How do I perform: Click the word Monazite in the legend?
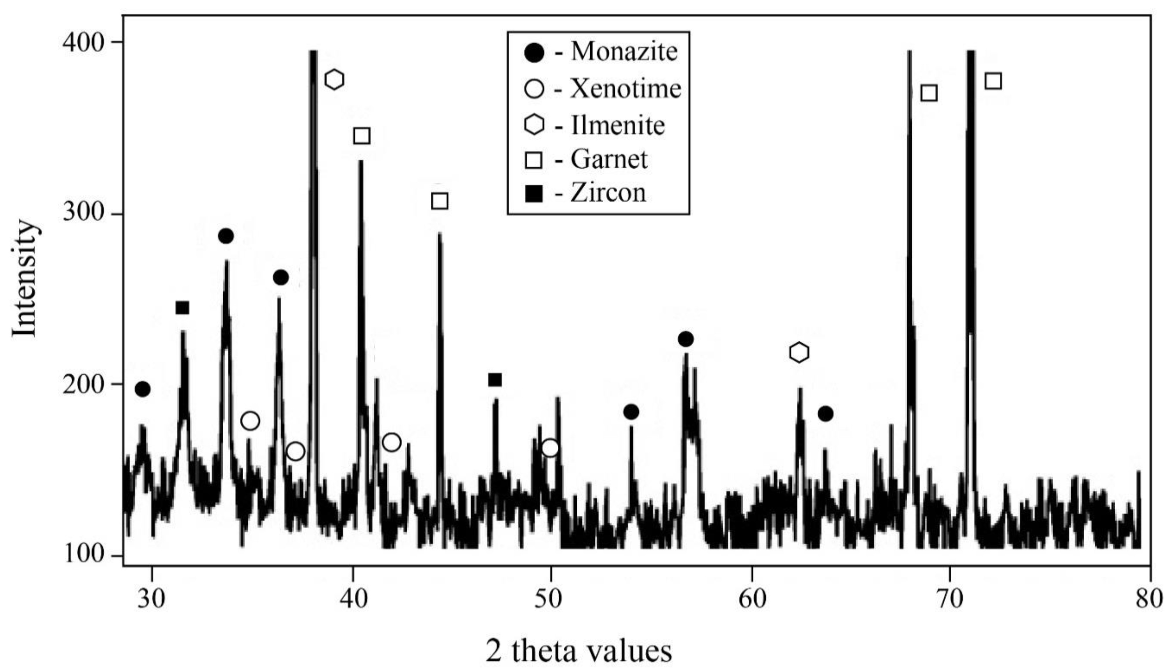point(624,51)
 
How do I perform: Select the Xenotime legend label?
point(626,88)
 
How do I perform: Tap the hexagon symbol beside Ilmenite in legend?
point(535,125)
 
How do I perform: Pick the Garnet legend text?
point(609,159)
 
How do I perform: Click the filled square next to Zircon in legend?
point(535,194)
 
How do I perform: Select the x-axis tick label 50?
point(550,599)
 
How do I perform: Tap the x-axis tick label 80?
point(1149,599)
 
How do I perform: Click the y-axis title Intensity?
point(24,279)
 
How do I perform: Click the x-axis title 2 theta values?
point(579,651)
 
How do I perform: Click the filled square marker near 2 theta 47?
point(495,380)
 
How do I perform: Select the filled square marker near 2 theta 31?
point(182,308)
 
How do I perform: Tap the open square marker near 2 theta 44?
point(439,201)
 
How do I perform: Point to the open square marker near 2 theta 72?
point(993,81)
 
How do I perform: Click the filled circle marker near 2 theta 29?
point(143,389)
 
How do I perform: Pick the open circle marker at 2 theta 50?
point(550,448)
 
